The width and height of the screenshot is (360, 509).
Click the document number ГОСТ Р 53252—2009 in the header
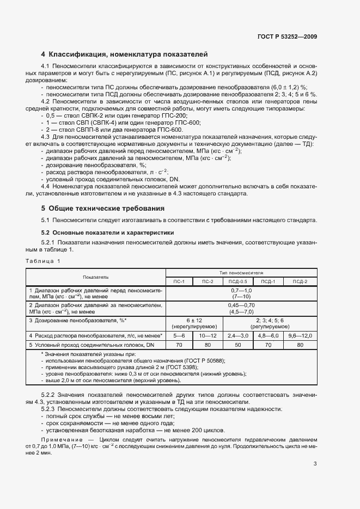click(x=286, y=36)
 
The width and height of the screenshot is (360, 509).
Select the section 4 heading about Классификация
click(x=125, y=54)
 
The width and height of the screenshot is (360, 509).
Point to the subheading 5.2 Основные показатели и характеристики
click(x=108, y=232)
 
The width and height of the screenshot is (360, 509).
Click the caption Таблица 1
click(x=44, y=261)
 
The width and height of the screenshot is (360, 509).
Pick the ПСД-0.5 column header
click(x=237, y=281)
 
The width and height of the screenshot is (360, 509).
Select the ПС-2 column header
click(x=208, y=281)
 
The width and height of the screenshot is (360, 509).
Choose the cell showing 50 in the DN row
click(x=237, y=345)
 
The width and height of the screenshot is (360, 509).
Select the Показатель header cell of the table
click(x=96, y=277)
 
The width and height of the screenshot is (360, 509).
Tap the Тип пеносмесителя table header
click(x=241, y=272)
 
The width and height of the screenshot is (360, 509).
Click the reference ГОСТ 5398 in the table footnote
click(x=158, y=367)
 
